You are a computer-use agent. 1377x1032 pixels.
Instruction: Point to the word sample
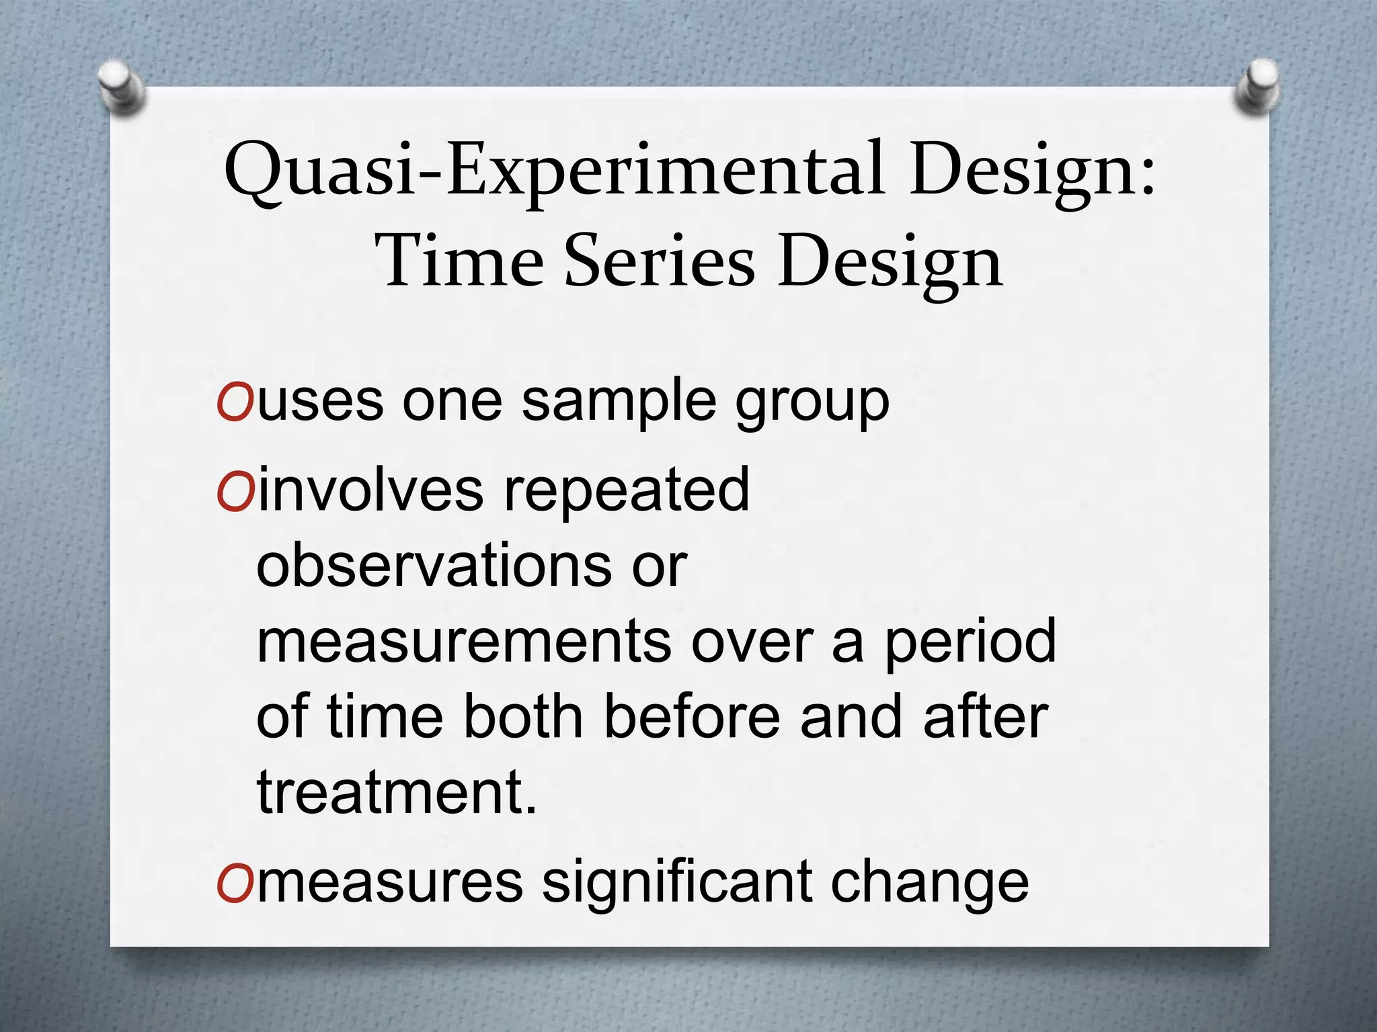coord(618,402)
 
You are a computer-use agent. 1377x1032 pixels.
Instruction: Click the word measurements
coord(463,641)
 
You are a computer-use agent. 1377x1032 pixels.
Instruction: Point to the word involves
coord(370,490)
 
